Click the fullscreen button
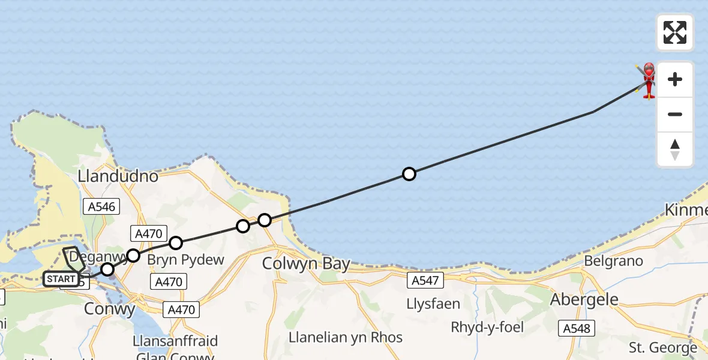coord(674,32)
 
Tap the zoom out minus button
coord(674,115)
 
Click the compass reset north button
coord(674,149)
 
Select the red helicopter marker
coord(648,80)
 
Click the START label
coord(61,279)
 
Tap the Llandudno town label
coord(118,176)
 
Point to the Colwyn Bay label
coord(306,265)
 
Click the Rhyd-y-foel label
coord(487,328)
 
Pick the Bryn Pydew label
coord(185,260)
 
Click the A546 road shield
coord(100,207)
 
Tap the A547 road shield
coord(427,280)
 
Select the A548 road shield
coord(575,328)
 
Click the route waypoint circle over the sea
coord(409,174)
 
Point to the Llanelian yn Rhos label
coord(345,337)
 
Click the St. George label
coord(663,347)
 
